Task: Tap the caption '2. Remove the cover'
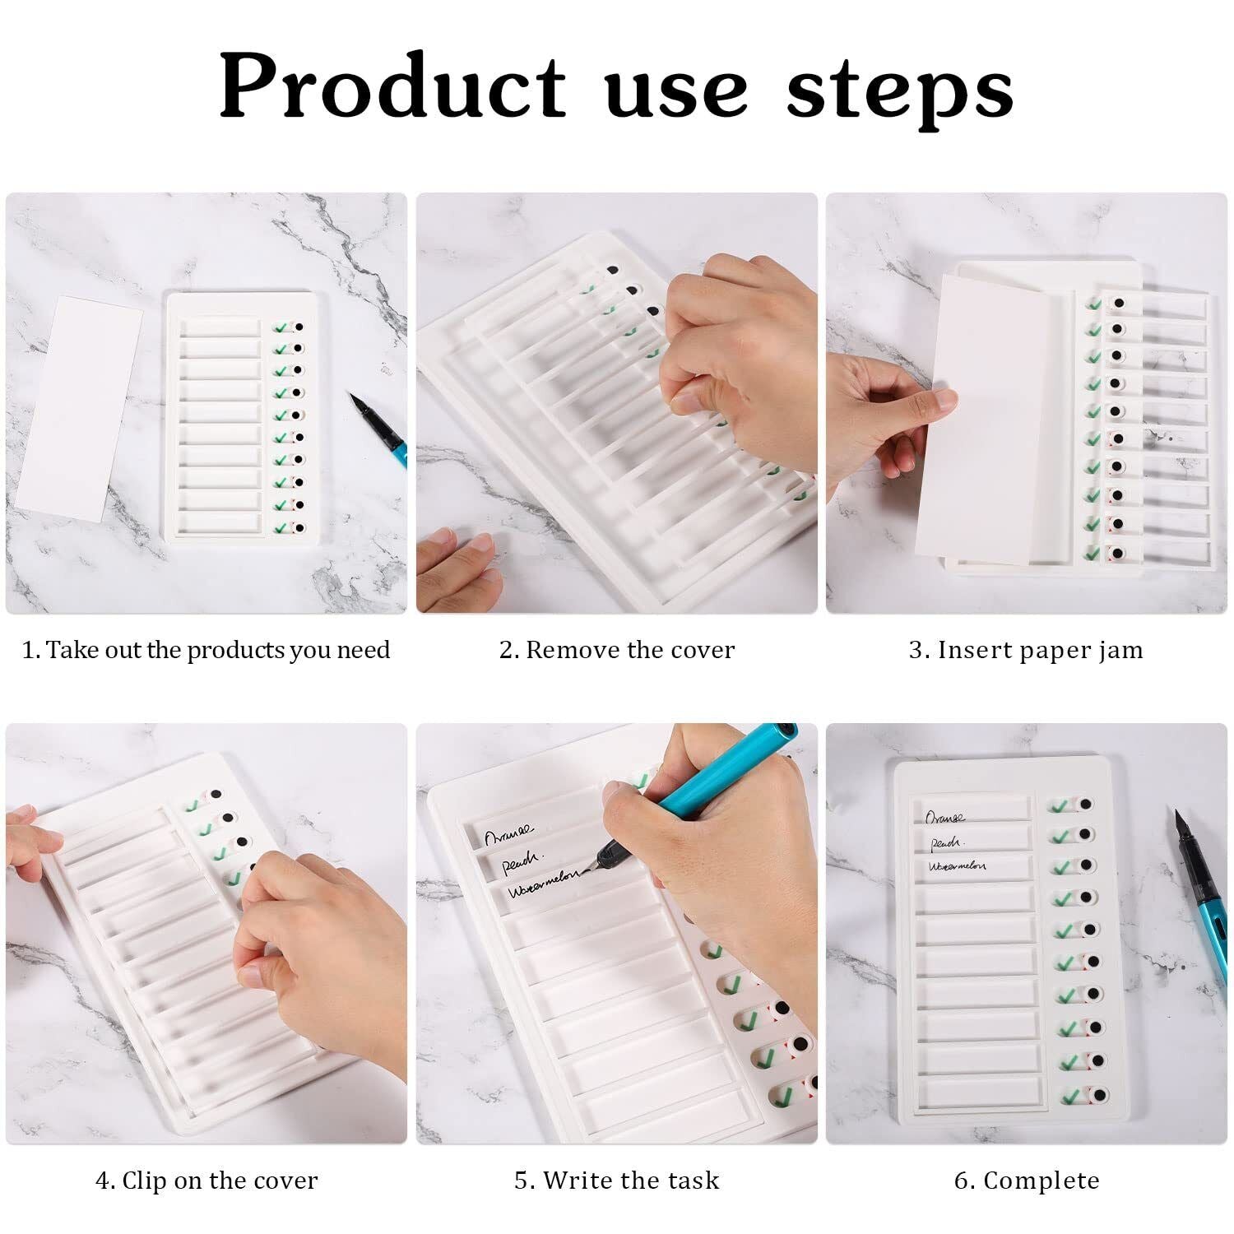[617, 650]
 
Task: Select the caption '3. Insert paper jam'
[1026, 650]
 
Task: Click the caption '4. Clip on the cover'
[206, 1181]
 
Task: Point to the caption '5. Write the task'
[617, 1181]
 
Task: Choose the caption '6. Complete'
[1027, 1181]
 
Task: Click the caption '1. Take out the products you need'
[206, 650]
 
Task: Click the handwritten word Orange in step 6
[946, 817]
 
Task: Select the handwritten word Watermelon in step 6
[958, 866]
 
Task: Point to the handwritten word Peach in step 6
[946, 842]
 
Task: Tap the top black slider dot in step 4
[216, 794]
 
